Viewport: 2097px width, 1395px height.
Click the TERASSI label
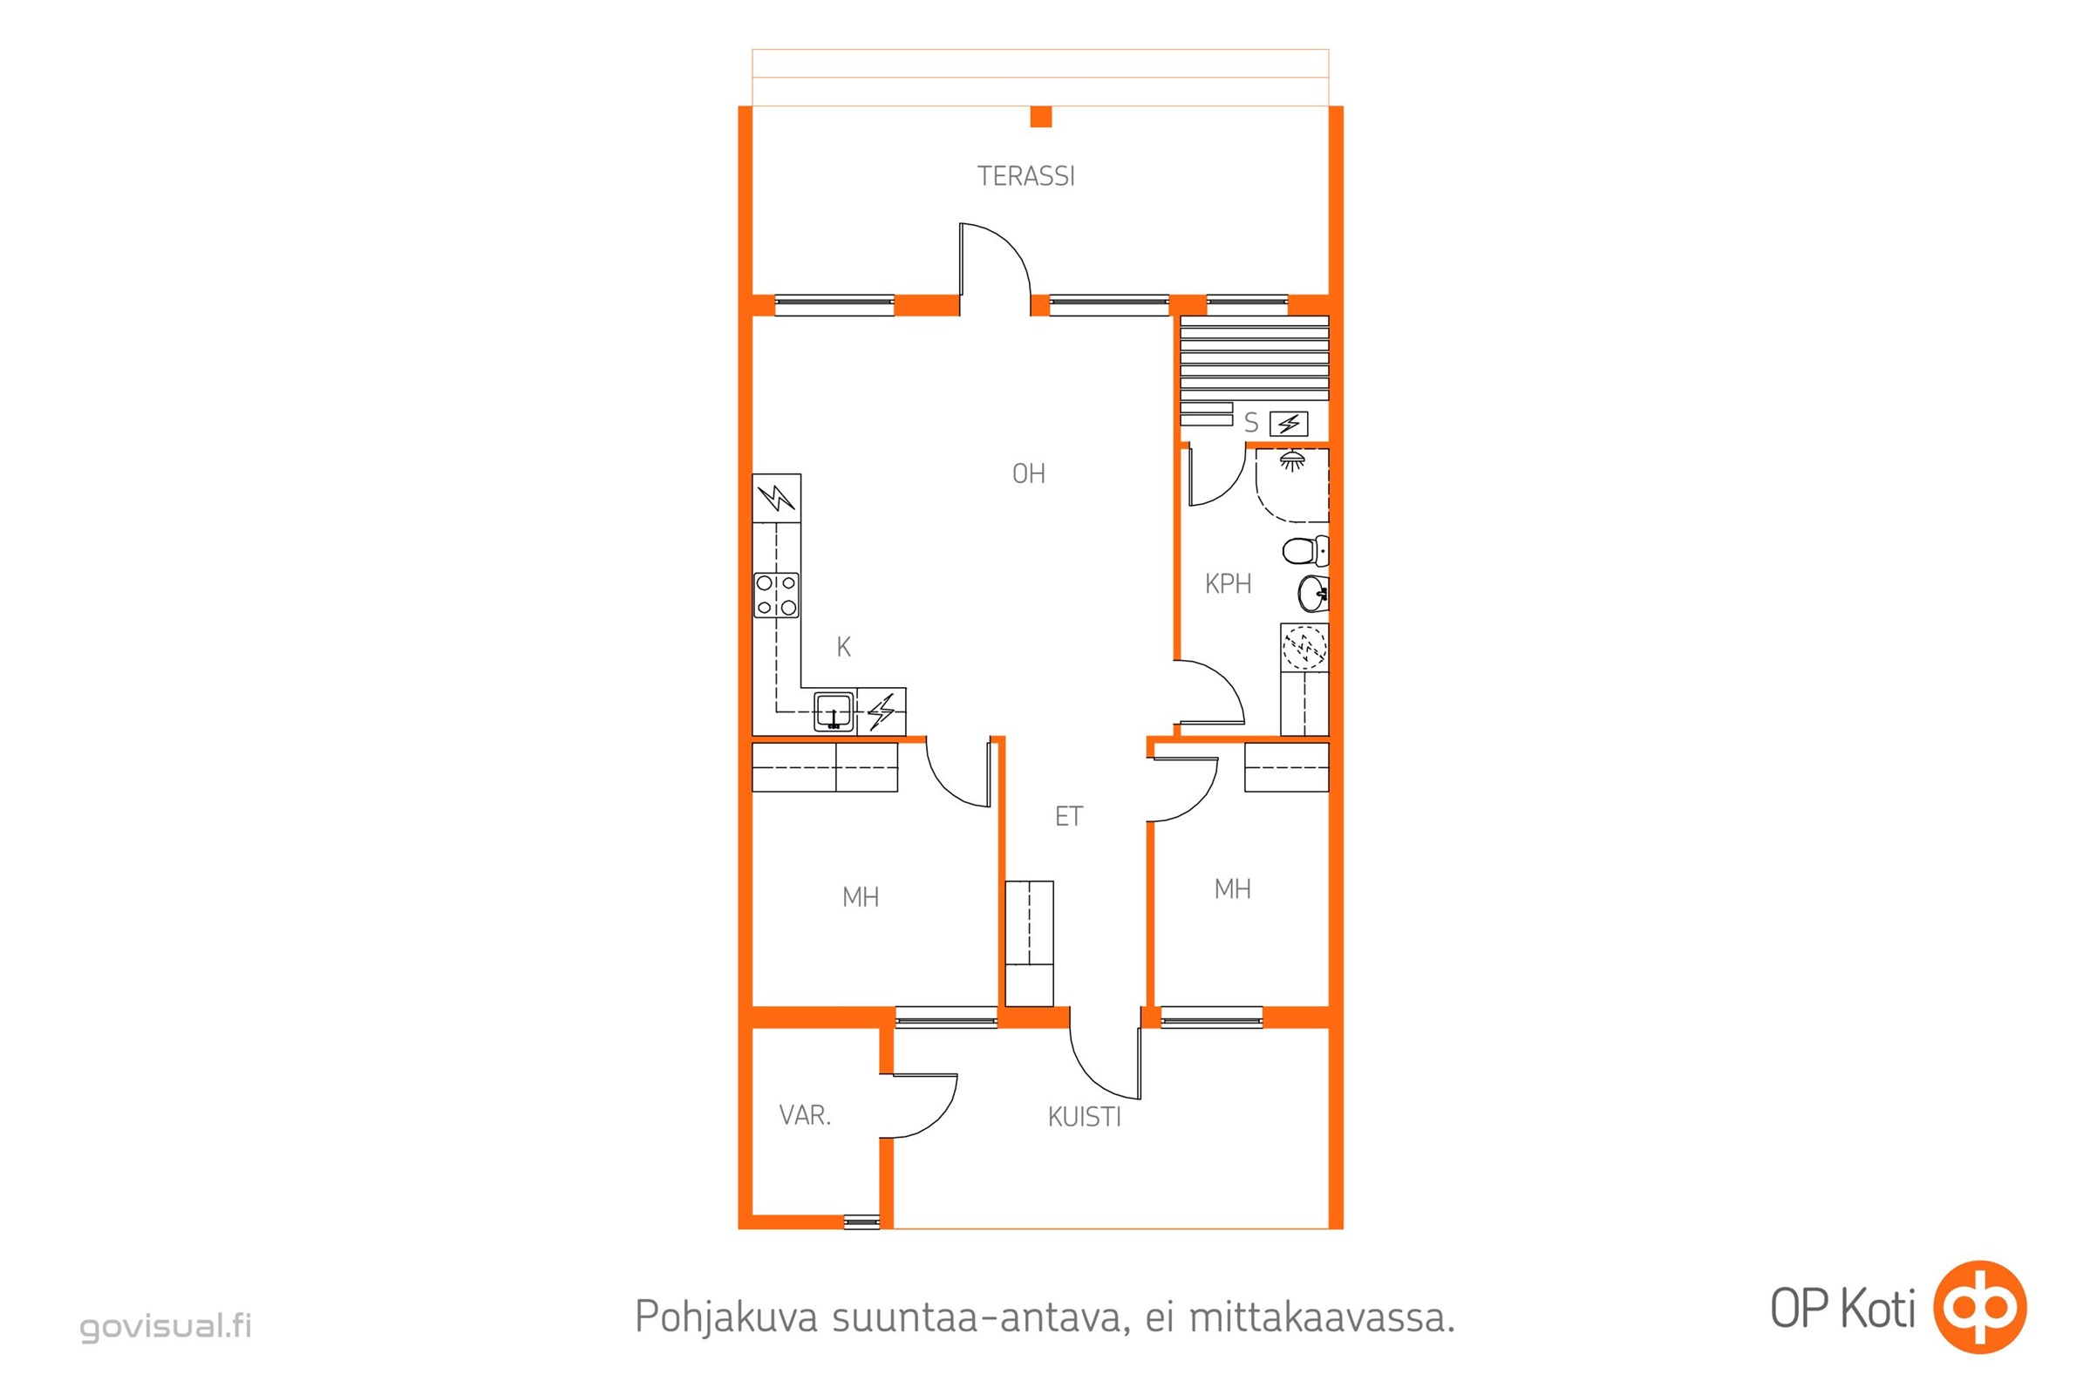pyautogui.click(x=1025, y=176)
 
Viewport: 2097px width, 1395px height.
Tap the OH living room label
pyautogui.click(x=1029, y=473)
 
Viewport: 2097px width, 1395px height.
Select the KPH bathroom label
pyautogui.click(x=1228, y=583)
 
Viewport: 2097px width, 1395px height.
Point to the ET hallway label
pyautogui.click(x=1068, y=816)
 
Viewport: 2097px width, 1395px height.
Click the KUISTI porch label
pyautogui.click(x=1084, y=1117)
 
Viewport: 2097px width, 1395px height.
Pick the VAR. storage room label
pyautogui.click(x=804, y=1115)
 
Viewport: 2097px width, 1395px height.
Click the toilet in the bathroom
pyautogui.click(x=1305, y=551)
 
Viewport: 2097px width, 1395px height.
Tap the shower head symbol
pyautogui.click(x=1292, y=460)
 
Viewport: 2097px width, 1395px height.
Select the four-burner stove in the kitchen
pyautogui.click(x=777, y=595)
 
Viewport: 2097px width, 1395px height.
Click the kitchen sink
pyautogui.click(x=834, y=711)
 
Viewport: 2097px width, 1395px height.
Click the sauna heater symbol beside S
pyautogui.click(x=1288, y=424)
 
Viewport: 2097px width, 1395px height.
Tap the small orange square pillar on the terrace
pyautogui.click(x=1040, y=117)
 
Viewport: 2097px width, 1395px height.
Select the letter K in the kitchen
pyautogui.click(x=843, y=647)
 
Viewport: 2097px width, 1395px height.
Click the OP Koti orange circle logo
pyautogui.click(x=1979, y=1306)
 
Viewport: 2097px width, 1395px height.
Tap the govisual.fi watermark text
pyautogui.click(x=167, y=1324)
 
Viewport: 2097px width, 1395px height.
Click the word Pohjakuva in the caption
pyautogui.click(x=726, y=1317)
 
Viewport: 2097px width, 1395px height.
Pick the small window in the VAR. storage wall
pyautogui.click(x=861, y=1222)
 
